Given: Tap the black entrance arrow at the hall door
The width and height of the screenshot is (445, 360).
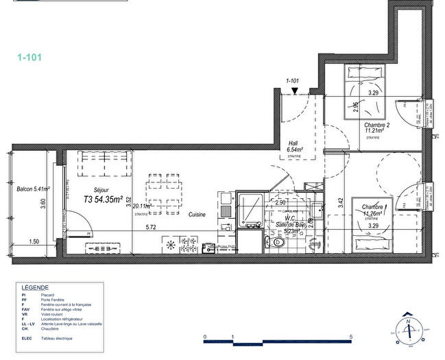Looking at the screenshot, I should point(294,91).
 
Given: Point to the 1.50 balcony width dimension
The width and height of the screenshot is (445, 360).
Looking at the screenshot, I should point(34,241).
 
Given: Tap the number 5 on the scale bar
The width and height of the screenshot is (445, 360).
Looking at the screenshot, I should point(351,338).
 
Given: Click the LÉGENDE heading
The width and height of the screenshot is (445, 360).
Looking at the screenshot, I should point(35,287).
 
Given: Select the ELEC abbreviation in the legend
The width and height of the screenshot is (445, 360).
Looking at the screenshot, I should point(28,339).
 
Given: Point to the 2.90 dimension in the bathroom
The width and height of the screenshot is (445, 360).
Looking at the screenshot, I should point(280,203).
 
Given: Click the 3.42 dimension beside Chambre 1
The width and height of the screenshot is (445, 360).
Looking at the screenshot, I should point(341,202).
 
